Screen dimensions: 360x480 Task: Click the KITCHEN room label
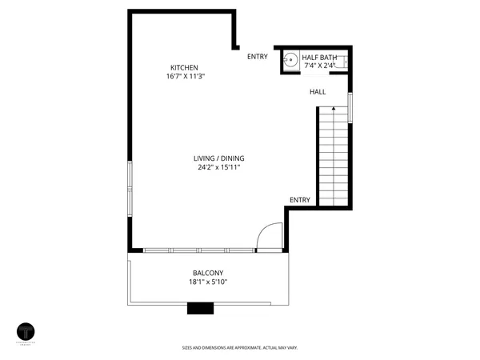[184, 67]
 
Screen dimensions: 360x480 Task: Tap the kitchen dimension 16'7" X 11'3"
[184, 77]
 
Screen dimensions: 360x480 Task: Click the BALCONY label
[207, 272]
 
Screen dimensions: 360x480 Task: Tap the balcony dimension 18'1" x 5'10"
[207, 282]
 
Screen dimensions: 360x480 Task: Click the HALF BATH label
[319, 57]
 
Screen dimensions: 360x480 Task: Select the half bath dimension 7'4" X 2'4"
[320, 66]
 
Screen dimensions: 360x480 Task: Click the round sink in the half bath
[292, 59]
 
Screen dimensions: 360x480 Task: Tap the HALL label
[318, 92]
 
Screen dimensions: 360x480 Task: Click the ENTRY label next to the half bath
[257, 56]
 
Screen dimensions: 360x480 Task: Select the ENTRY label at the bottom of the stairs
[299, 199]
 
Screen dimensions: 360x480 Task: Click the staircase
[334, 156]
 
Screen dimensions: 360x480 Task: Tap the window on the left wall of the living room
[130, 187]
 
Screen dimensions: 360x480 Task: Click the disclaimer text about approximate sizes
[239, 348]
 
